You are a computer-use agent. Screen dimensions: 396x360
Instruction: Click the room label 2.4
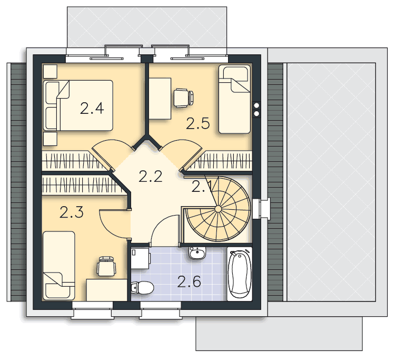click(92, 108)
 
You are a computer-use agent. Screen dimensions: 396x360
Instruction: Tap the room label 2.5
click(198, 124)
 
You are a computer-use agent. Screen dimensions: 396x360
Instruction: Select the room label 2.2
click(150, 176)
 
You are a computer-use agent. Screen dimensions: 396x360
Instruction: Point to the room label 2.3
click(72, 212)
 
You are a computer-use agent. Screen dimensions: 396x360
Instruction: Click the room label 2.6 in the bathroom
click(189, 281)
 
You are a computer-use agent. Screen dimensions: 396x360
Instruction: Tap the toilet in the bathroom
click(142, 288)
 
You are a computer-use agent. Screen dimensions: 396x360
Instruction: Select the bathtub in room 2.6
click(240, 274)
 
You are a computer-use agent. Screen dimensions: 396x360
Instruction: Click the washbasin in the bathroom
click(197, 253)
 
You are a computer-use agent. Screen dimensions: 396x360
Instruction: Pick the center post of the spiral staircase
click(218, 209)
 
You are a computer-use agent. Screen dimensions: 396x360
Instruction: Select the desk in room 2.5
click(160, 99)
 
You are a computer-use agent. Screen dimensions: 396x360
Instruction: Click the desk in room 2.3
click(106, 290)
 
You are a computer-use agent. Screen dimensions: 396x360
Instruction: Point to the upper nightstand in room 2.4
click(50, 71)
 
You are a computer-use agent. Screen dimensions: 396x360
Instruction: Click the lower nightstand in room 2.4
click(50, 139)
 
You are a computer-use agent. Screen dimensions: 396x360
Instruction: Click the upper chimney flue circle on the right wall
click(256, 105)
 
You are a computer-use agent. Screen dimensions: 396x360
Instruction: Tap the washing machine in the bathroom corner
click(140, 258)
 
